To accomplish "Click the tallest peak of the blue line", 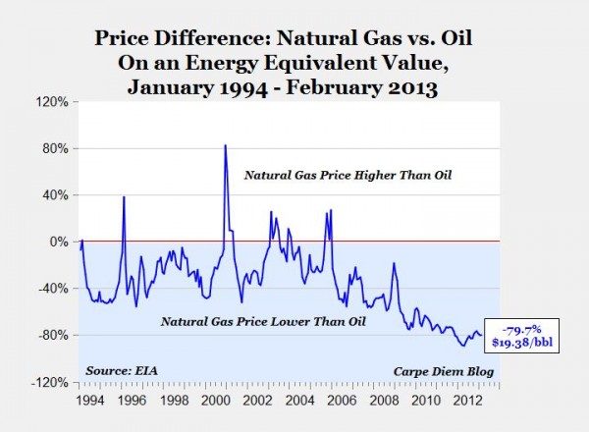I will point(226,145).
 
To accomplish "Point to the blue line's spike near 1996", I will point(124,197).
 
